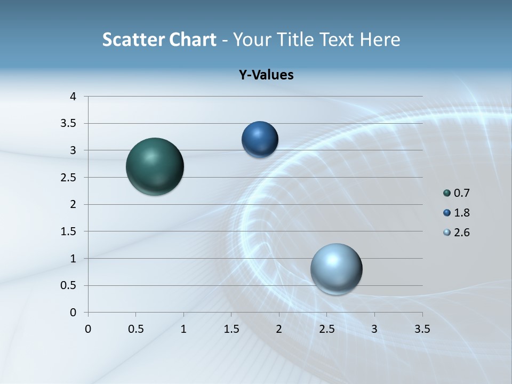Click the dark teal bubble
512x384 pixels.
155,166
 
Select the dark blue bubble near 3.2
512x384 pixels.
260,140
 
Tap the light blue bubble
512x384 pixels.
336,269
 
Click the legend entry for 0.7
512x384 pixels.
457,193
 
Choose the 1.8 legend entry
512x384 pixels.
457,213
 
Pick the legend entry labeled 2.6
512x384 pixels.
457,233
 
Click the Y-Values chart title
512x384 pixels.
266,75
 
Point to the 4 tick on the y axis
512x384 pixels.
73,97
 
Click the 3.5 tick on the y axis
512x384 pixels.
69,124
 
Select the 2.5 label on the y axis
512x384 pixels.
69,178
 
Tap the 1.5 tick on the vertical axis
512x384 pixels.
69,231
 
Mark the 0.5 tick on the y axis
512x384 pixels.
69,285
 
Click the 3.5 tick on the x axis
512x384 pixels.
422,329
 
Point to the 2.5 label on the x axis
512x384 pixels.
326,329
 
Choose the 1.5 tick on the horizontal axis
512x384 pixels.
231,329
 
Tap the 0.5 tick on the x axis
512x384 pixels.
135,329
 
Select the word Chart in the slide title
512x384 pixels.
193,39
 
